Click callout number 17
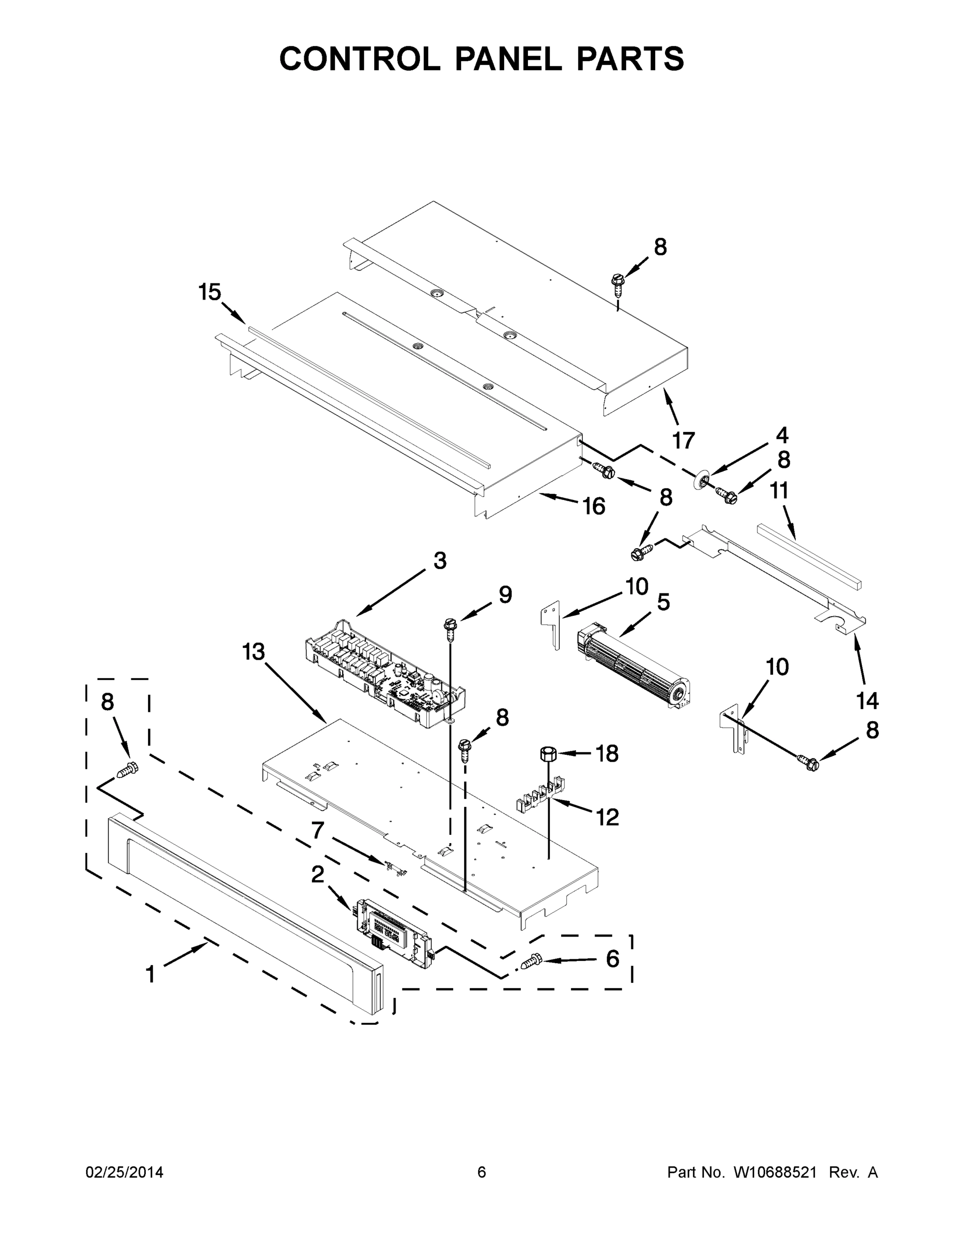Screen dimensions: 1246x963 coord(684,440)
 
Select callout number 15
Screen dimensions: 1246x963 coord(209,292)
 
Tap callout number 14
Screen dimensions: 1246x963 coord(867,700)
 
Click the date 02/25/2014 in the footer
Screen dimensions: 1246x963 coord(125,1172)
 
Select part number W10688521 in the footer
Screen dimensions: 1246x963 coord(774,1172)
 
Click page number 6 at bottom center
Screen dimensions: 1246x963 coord(482,1172)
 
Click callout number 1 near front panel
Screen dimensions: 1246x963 coord(150,974)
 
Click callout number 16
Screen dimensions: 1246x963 coord(593,506)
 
